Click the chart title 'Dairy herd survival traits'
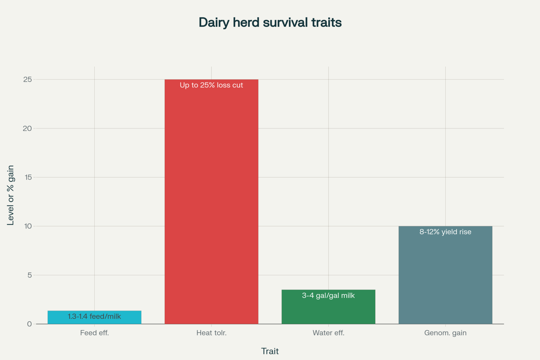click(270, 22)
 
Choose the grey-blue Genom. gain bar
click(445, 278)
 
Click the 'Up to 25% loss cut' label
click(211, 85)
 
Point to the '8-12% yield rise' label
click(445, 232)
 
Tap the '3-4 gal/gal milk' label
click(328, 295)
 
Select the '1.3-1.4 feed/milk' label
click(94, 316)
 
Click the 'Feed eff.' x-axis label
click(94, 333)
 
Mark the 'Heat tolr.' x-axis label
click(211, 333)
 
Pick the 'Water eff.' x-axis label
click(328, 333)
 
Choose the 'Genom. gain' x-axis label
click(445, 333)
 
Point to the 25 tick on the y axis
click(28, 79)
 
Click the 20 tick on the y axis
click(28, 128)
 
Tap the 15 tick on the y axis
click(28, 177)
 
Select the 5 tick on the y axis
click(29, 275)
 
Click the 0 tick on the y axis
click(29, 324)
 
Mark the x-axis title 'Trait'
click(270, 351)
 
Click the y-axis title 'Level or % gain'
click(11, 195)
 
